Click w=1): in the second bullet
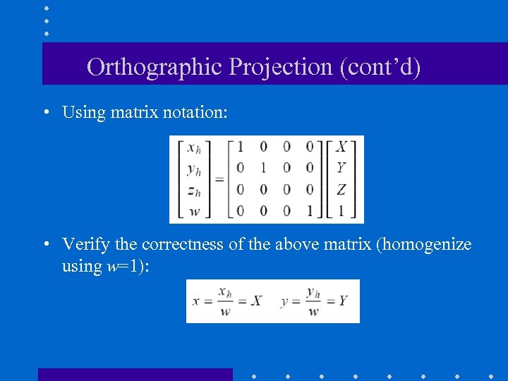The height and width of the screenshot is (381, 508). [128, 266]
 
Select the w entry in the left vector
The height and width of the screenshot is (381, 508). [193, 211]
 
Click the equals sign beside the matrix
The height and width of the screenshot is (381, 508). [219, 180]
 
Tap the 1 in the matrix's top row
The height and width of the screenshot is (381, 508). [241, 147]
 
